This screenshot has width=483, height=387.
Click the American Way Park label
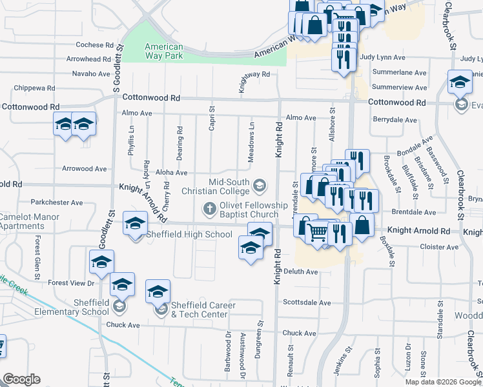pos(163,51)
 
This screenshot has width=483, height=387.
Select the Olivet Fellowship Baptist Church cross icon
pos(209,208)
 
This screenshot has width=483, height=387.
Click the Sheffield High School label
pos(189,234)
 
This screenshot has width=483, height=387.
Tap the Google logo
pos(22,379)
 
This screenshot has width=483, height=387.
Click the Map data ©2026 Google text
pos(443,382)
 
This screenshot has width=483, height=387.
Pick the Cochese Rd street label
pos(94,45)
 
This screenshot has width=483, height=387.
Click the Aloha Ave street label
pos(172,173)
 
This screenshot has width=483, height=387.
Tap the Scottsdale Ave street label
pos(307,302)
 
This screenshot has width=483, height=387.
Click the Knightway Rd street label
pos(254,75)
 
